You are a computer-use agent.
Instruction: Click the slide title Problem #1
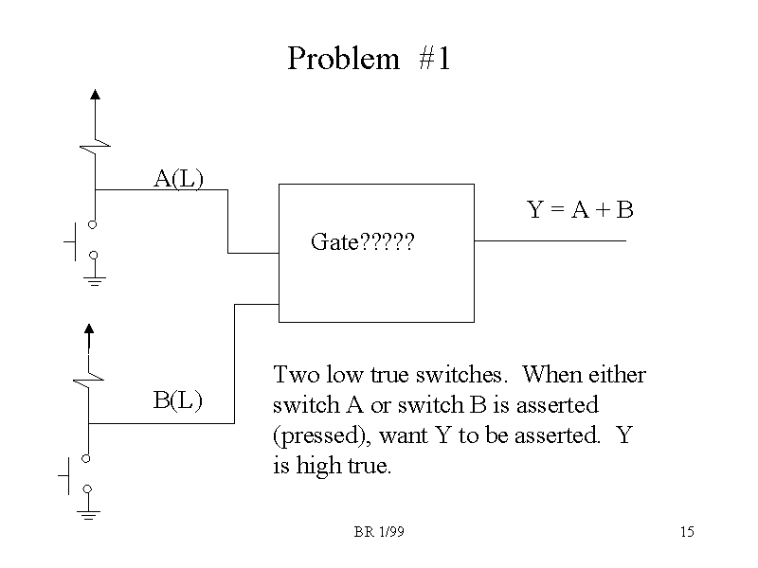click(x=370, y=59)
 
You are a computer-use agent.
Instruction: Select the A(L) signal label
click(x=179, y=177)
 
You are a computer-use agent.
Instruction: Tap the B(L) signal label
click(x=178, y=399)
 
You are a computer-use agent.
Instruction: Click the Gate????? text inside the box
click(x=363, y=243)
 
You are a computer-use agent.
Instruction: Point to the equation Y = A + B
click(x=580, y=210)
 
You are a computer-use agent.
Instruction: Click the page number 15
click(x=687, y=533)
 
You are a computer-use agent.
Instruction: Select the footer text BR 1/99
click(x=379, y=533)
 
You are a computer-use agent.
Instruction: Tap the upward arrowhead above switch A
click(x=95, y=94)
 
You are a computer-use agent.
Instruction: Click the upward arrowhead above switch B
click(x=88, y=329)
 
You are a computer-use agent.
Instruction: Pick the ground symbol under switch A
click(x=94, y=279)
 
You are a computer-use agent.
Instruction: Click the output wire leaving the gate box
click(x=550, y=240)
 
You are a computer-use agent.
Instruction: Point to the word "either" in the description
click(x=619, y=374)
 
